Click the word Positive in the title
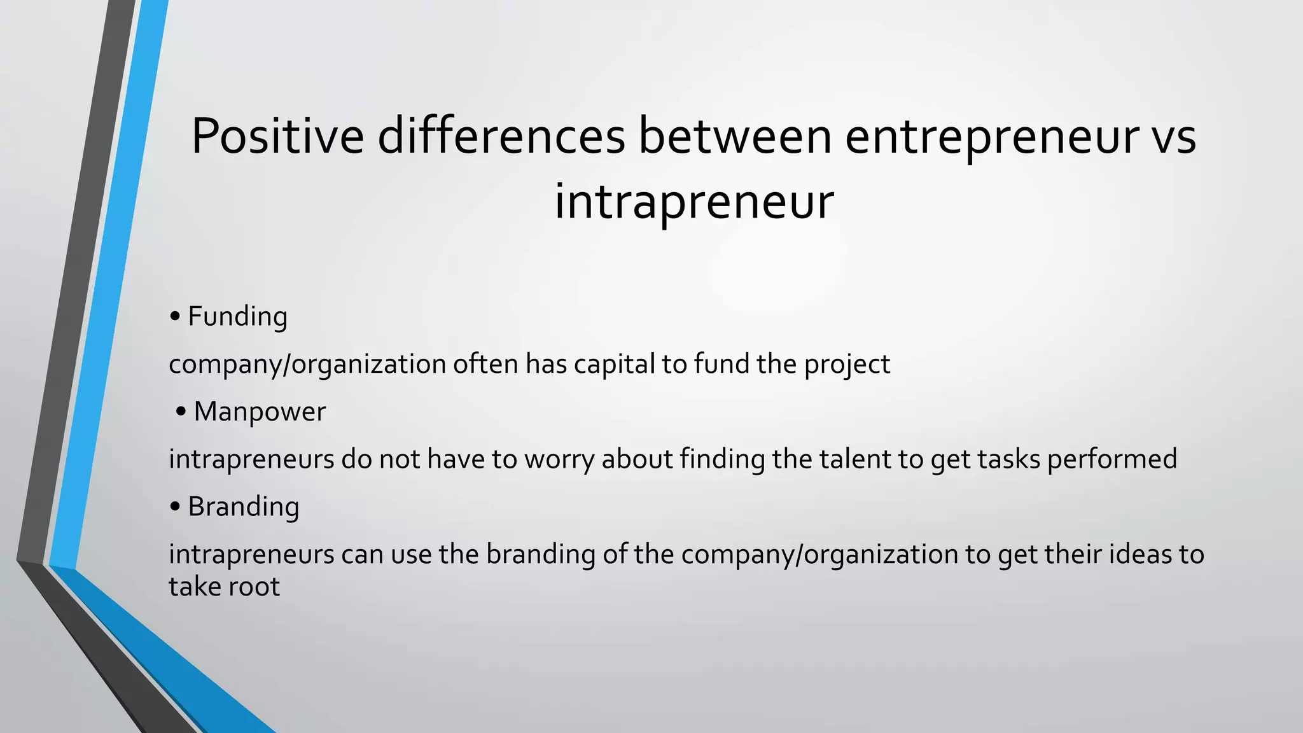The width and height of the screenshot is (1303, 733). tap(277, 136)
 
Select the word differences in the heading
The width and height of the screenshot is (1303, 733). tap(501, 136)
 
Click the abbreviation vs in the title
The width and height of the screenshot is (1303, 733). tap(1174, 137)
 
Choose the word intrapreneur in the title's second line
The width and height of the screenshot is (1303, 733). tap(693, 202)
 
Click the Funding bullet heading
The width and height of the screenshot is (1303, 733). tap(237, 316)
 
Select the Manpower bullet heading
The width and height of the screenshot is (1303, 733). tap(260, 411)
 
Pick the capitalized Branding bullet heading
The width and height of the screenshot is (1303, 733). tap(244, 506)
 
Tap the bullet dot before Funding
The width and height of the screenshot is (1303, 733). tap(176, 317)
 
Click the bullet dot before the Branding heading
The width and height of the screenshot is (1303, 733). tap(176, 507)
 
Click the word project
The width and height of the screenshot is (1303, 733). tap(847, 365)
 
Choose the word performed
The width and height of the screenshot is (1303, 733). tap(1111, 459)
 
